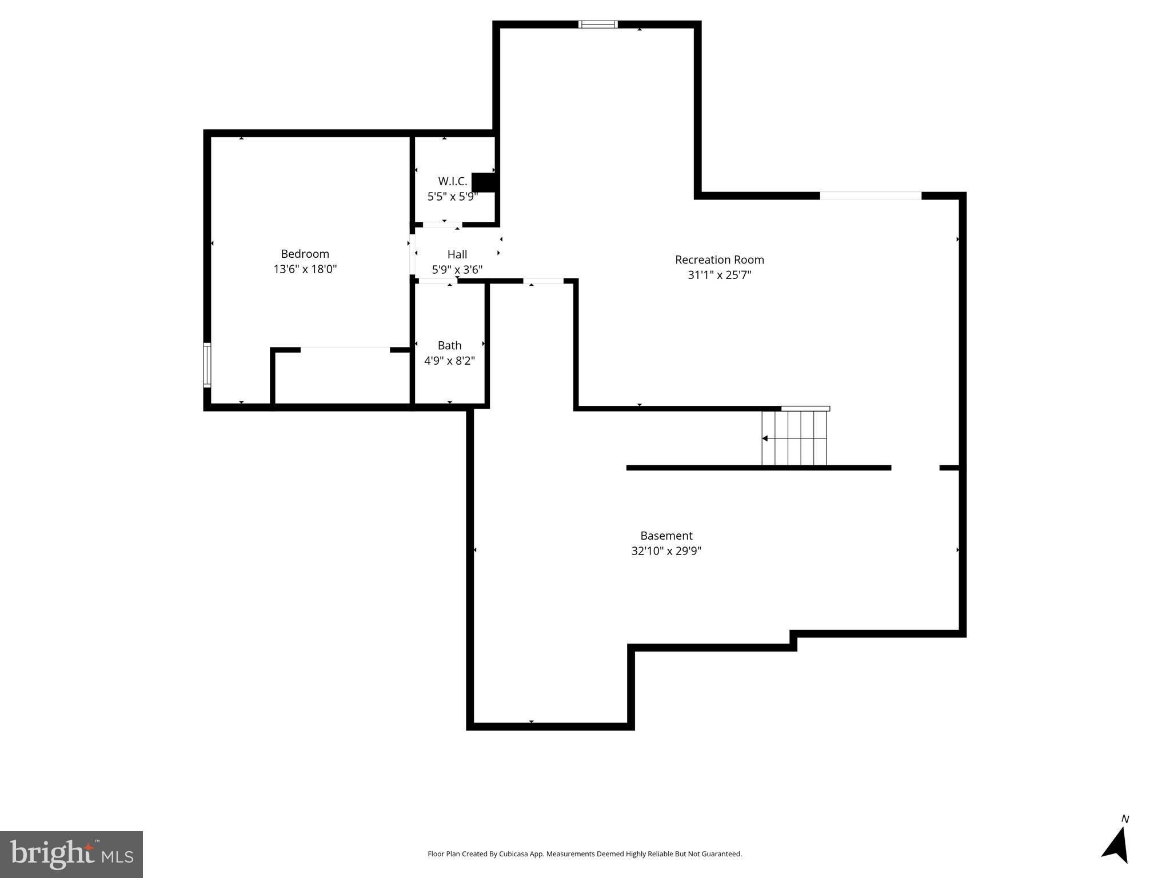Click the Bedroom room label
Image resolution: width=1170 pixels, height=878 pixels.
click(x=305, y=254)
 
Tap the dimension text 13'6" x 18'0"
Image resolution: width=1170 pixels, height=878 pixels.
click(x=305, y=269)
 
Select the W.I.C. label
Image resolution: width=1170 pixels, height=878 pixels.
click(x=452, y=181)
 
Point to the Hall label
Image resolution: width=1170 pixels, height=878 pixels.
click(x=457, y=254)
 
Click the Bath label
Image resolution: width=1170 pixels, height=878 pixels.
click(x=449, y=345)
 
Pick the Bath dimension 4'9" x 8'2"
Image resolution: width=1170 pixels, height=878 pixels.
click(x=449, y=361)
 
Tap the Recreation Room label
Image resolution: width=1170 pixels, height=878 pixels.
click(x=719, y=260)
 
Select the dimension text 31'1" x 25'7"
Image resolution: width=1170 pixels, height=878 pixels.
click(x=719, y=275)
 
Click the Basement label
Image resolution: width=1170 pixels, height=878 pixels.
click(x=666, y=536)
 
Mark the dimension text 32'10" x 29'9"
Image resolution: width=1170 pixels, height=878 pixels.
click(x=666, y=551)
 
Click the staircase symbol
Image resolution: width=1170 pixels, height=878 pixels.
click(x=794, y=438)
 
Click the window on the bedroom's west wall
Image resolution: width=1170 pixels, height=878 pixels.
click(x=207, y=365)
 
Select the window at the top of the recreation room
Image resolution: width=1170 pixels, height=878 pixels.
click(x=598, y=25)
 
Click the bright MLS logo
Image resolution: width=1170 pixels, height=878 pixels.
click(x=71, y=854)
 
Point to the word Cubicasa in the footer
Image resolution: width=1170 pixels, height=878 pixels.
click(x=513, y=854)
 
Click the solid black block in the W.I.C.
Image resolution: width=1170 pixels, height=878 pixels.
click(x=484, y=182)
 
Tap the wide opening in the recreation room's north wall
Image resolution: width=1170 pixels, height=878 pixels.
click(x=870, y=196)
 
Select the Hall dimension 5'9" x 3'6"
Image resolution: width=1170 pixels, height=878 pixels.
click(x=457, y=270)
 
